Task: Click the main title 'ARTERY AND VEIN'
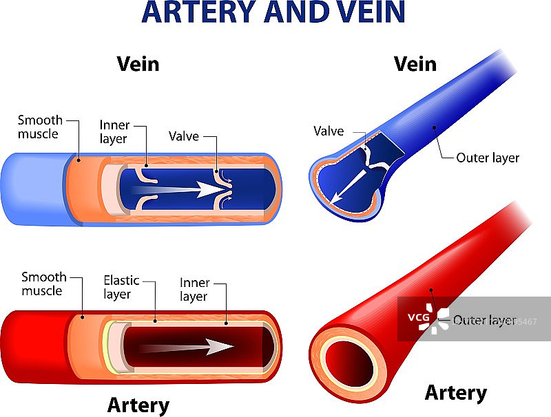(x=273, y=12)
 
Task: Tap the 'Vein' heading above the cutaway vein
(x=138, y=64)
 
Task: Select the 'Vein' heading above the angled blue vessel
(x=415, y=64)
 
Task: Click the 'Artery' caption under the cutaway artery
(x=138, y=405)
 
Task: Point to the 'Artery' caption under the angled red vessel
(x=456, y=392)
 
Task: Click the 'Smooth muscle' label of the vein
(x=40, y=127)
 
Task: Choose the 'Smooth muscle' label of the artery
(x=43, y=284)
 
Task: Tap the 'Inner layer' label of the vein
(x=114, y=131)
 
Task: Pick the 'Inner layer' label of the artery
(x=195, y=289)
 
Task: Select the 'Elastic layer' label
(x=121, y=287)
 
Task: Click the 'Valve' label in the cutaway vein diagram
(x=184, y=136)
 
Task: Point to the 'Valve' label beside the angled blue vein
(x=329, y=131)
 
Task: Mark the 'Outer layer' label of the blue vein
(x=488, y=158)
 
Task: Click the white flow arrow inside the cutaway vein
(x=179, y=189)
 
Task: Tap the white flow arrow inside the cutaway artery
(x=186, y=347)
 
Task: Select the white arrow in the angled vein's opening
(x=349, y=186)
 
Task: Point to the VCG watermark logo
(x=428, y=318)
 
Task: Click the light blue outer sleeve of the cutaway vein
(x=33, y=189)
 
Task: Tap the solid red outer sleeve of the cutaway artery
(x=33, y=347)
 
